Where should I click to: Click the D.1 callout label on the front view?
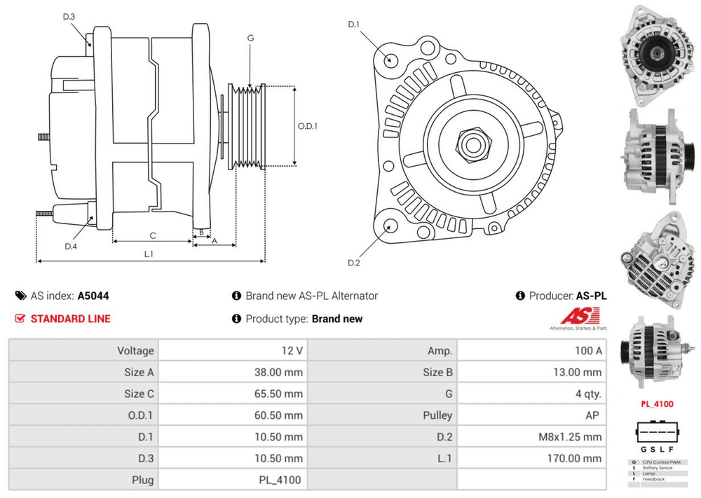353,25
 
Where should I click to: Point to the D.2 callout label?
353,263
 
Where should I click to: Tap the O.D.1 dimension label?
308,127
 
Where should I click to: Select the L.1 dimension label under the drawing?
149,254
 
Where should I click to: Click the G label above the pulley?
250,38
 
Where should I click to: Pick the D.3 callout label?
69,17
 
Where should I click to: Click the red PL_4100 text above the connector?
657,404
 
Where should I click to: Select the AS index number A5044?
93,296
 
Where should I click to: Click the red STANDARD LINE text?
70,319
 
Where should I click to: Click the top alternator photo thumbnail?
656,53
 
